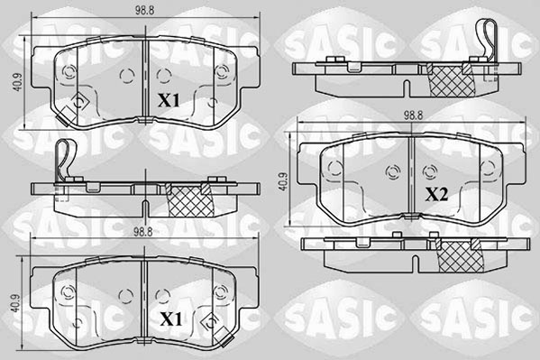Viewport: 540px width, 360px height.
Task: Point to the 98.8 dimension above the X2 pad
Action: [x=412, y=115]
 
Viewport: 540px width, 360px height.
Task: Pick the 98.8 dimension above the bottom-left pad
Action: [x=142, y=231]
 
